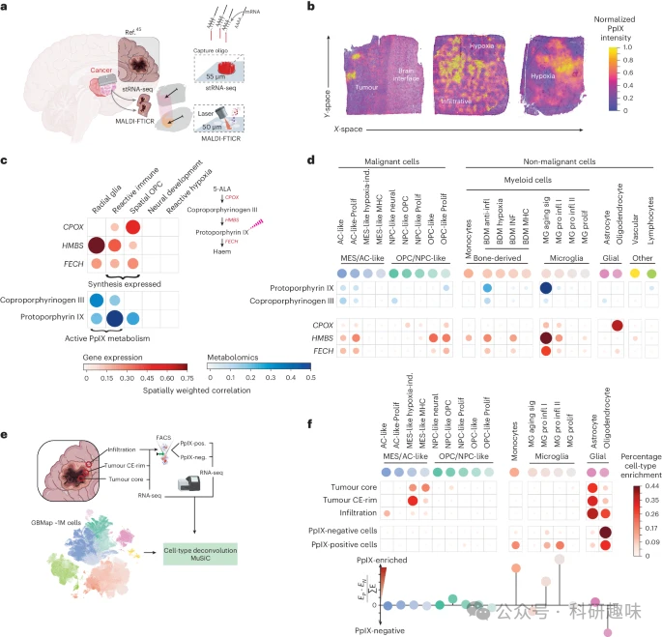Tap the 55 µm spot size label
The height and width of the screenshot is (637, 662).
click(x=253, y=73)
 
